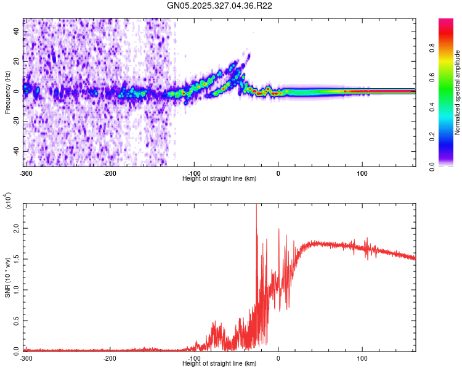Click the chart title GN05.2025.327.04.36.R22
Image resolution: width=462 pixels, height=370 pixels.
pos(220,6)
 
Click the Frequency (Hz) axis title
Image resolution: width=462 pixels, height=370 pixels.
pos(7,92)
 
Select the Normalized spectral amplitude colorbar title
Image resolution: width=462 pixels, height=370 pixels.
pos(458,92)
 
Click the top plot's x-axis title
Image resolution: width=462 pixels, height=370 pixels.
pos(219,178)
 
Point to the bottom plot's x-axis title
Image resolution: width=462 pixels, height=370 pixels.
pos(219,363)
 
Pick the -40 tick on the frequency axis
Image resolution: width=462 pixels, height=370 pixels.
pos(15,150)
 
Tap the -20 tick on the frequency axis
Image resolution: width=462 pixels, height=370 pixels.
pos(15,121)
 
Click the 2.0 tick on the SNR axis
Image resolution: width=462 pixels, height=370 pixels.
pos(16,228)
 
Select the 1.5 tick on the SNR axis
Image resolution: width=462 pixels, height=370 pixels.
pos(16,258)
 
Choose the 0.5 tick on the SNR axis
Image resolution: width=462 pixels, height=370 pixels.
pos(16,319)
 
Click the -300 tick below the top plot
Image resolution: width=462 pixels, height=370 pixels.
pos(25,173)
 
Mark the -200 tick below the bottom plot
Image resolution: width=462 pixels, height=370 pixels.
pos(110,358)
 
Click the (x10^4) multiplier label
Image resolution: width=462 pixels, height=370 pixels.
pos(8,200)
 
